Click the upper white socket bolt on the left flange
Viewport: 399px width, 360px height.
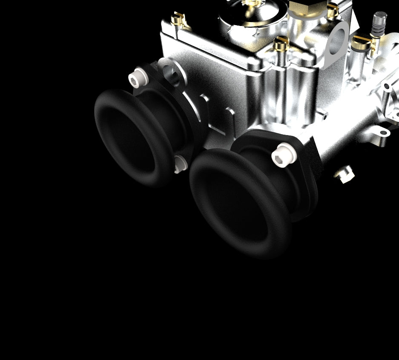(x=136, y=78)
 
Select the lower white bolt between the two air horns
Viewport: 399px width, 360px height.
(x=179, y=164)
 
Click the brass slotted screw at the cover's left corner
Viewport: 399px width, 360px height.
(x=178, y=19)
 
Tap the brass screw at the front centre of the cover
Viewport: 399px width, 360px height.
(x=281, y=43)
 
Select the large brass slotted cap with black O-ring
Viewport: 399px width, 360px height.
(x=362, y=43)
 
